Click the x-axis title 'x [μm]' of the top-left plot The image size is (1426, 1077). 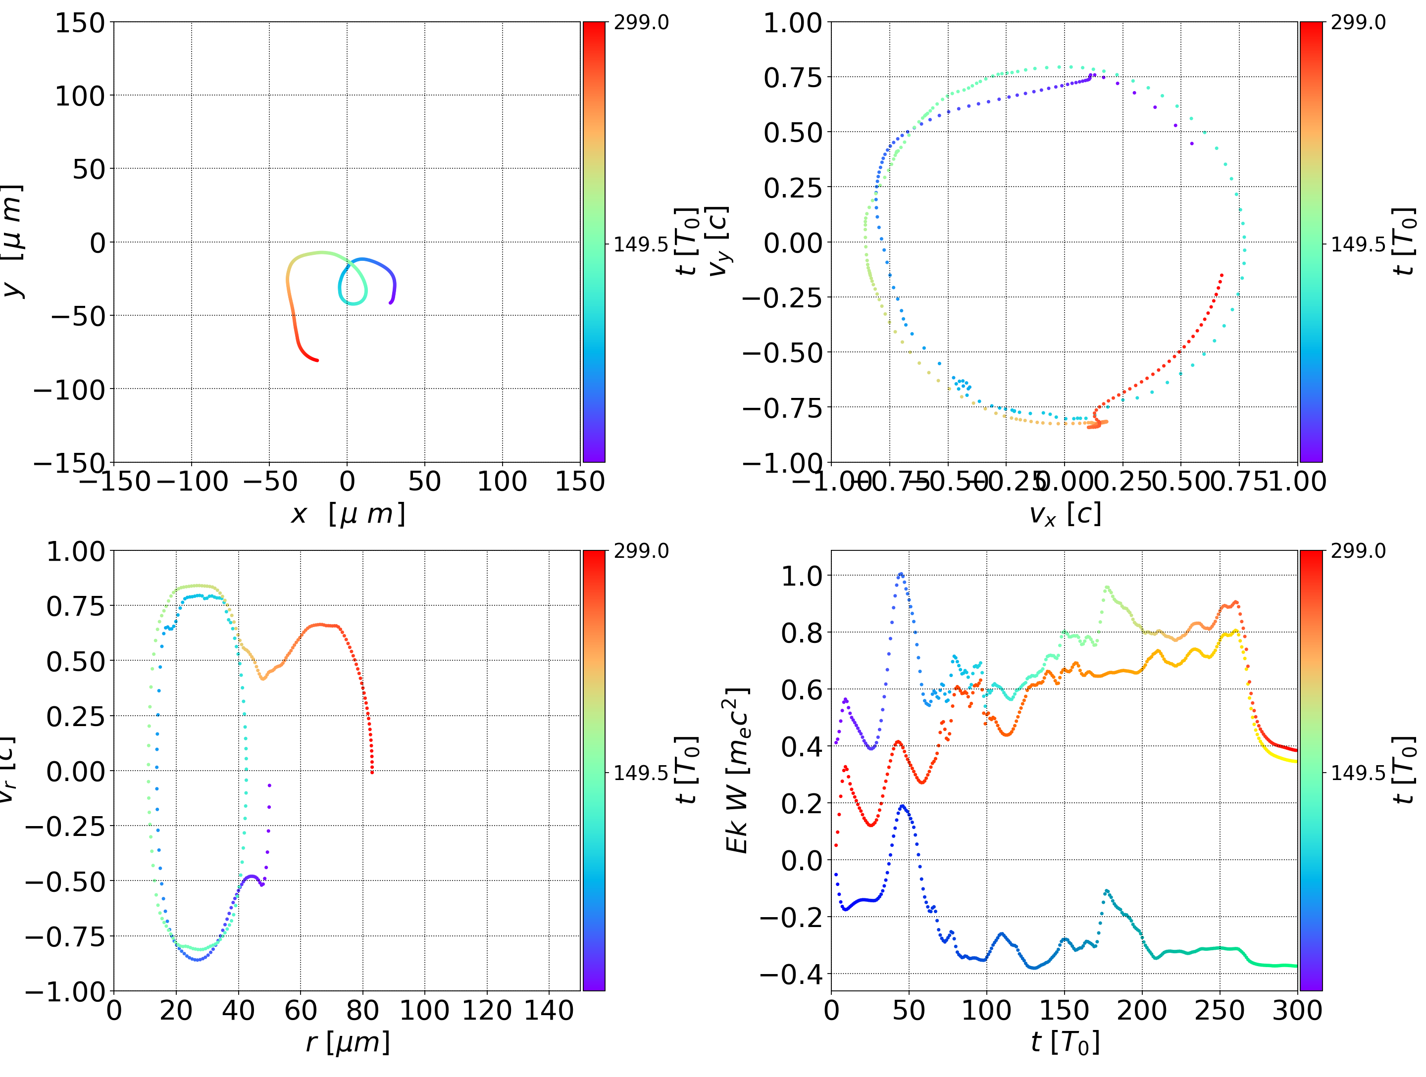348,514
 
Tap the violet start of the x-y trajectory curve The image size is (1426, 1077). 391,302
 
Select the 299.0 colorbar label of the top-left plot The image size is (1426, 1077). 641,23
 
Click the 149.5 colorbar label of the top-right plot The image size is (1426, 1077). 1358,245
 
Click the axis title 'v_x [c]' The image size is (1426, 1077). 1065,514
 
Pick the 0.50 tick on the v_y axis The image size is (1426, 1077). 793,133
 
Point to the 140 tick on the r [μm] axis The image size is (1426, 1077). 549,1011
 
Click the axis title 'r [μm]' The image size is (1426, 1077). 348,1043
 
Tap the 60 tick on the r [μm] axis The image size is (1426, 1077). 301,1011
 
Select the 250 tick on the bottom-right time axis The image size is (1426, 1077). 1219,1011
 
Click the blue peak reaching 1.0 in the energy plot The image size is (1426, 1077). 901,574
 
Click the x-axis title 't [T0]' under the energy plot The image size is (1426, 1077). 1065,1043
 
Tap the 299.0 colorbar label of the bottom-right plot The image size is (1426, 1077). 1358,551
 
